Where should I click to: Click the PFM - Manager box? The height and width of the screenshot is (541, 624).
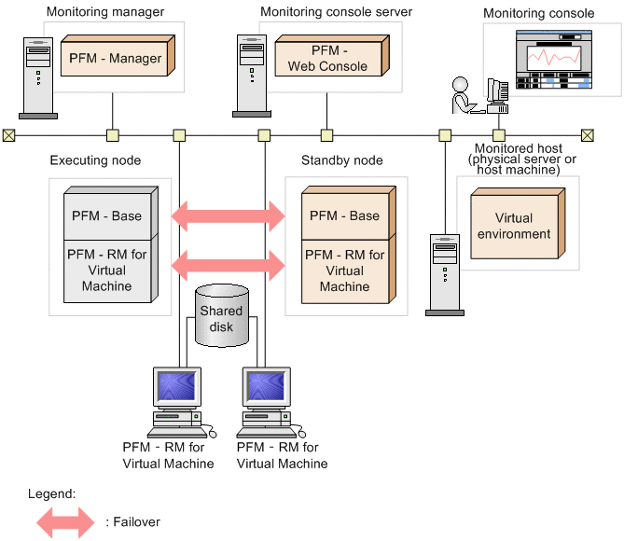(x=115, y=58)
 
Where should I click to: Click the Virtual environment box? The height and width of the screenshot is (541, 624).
(x=514, y=226)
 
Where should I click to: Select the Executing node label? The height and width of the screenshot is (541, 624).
(x=95, y=160)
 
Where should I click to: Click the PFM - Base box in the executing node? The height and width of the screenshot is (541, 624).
(x=106, y=215)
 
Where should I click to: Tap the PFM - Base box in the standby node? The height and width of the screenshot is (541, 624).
(x=344, y=215)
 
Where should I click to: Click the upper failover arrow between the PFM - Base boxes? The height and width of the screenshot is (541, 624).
(x=229, y=216)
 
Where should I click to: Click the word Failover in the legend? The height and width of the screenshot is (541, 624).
(x=133, y=521)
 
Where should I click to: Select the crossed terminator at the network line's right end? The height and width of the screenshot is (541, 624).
(x=587, y=135)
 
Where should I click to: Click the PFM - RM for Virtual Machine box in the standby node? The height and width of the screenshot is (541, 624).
(x=344, y=270)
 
